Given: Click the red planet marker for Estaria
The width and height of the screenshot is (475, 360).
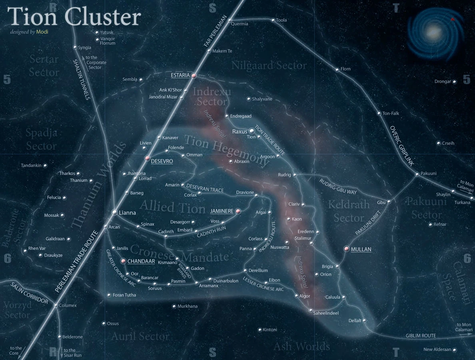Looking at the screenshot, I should coord(194,76).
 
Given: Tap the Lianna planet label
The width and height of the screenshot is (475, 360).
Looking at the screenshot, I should coord(128,213).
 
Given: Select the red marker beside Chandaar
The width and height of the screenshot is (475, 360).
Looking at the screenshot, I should coord(124,261).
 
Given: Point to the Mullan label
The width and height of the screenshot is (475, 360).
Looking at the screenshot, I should coord(361,249).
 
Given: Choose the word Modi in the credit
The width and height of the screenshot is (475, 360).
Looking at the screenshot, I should coord(42,32).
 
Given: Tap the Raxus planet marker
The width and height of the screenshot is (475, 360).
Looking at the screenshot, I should coord(252,131).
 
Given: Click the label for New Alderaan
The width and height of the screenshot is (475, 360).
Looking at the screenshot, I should coord(437,350).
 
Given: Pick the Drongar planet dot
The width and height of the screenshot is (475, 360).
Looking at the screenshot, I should coord(454,82).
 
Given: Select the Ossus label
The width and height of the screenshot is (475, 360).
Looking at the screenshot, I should coord(113,324).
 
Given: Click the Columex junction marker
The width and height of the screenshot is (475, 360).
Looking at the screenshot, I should coord(56,306).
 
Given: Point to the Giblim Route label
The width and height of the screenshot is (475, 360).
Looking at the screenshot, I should coord(421,336).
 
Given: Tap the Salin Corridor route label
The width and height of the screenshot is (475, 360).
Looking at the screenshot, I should coord(30,293).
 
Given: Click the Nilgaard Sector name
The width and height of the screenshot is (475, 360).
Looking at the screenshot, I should coord(269,65).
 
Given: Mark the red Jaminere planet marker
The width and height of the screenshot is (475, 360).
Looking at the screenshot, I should coord(238,211).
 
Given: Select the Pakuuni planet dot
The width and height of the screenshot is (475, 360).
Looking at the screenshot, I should coord(417,174).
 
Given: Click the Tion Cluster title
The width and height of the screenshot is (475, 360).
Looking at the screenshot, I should coord(74,17).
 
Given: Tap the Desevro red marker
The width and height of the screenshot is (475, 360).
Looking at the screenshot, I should coord(147,158).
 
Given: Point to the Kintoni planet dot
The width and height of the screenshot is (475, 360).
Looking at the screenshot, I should coord(260,330).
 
